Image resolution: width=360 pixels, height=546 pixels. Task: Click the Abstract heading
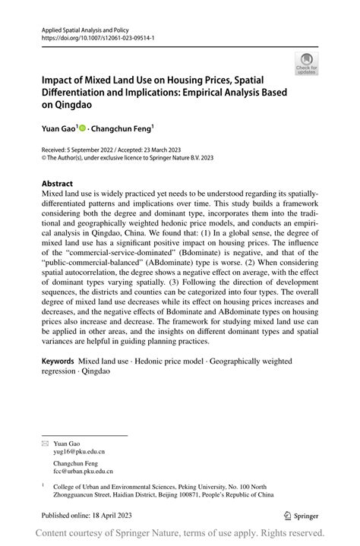[x=57, y=184]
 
